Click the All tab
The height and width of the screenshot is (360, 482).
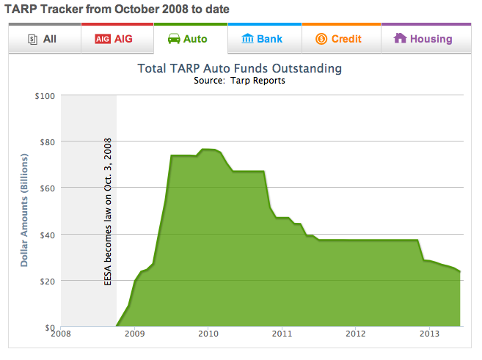coord(44,39)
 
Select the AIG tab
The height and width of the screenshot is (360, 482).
coord(117,39)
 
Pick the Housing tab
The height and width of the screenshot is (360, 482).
coord(423,39)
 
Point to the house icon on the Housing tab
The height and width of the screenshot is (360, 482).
coord(401,38)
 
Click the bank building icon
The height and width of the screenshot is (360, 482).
coord(248,39)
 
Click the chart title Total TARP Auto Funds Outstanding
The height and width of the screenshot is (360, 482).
coord(240,69)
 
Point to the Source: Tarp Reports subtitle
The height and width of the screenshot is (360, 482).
coord(240,81)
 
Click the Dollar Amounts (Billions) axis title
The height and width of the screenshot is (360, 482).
coord(24,210)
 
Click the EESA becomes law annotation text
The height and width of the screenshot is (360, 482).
coord(108,210)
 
